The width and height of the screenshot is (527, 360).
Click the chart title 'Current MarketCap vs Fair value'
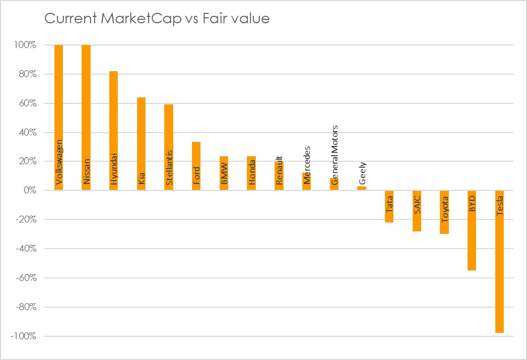point(157,19)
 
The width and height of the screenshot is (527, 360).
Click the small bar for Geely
point(362,188)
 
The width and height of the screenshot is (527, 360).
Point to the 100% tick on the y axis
point(25,45)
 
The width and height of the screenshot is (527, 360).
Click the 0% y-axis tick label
point(29,190)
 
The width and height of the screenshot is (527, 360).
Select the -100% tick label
point(23,336)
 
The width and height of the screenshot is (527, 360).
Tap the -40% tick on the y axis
point(25,249)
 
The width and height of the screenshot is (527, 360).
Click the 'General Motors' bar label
point(335,155)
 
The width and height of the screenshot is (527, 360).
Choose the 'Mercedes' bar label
point(307,165)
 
